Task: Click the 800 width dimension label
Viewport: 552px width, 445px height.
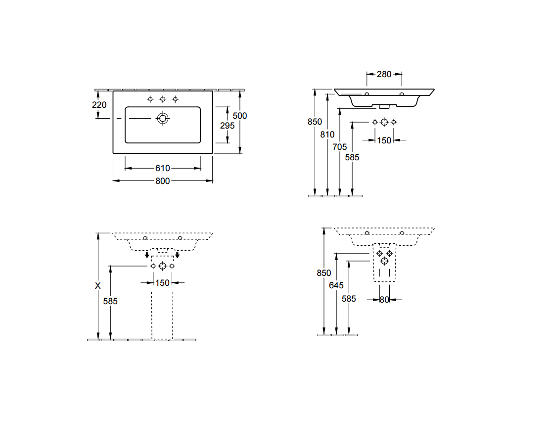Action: [163, 181]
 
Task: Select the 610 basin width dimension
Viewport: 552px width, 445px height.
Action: [163, 168]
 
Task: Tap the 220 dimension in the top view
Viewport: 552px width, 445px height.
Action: [99, 105]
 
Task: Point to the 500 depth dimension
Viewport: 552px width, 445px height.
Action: [240, 116]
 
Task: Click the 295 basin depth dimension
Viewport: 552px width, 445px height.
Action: [228, 126]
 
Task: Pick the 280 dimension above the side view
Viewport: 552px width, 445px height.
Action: [384, 74]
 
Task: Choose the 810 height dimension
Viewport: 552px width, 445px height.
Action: [327, 134]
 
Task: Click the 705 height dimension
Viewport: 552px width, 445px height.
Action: [340, 147]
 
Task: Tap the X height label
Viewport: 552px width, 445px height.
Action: [98, 286]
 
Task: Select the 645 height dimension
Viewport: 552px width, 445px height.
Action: [336, 285]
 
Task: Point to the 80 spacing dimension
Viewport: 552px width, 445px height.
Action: [384, 300]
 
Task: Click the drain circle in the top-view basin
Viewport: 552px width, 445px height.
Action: [163, 119]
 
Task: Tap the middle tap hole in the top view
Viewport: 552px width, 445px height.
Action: [163, 99]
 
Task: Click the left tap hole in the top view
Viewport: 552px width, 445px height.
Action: [150, 99]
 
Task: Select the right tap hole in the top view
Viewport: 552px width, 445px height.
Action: [175, 99]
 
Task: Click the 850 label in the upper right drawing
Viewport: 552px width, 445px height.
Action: [315, 122]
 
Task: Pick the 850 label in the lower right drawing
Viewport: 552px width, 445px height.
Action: [324, 273]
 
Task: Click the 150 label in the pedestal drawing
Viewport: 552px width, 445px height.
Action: [162, 283]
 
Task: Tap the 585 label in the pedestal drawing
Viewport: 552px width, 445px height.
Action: [110, 301]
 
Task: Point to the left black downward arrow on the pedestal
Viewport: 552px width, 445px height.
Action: [147, 255]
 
